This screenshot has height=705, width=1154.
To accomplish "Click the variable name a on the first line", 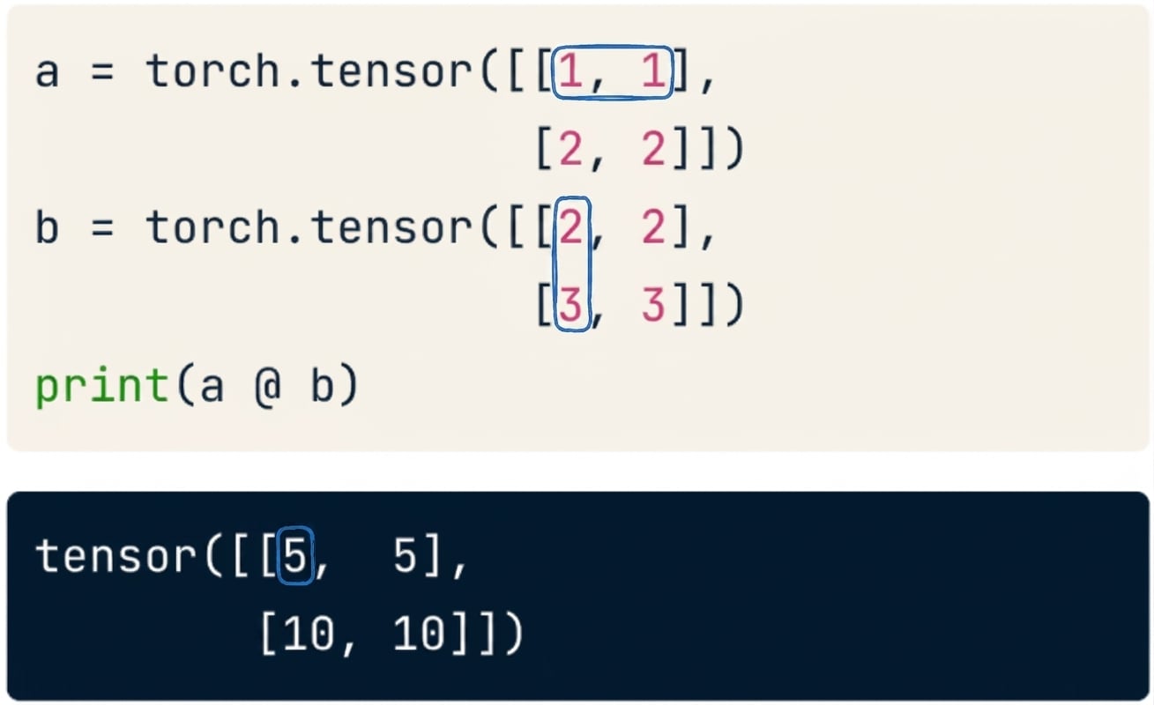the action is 47,72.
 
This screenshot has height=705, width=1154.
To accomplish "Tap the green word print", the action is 102,386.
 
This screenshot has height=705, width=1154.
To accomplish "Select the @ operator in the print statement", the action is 268,386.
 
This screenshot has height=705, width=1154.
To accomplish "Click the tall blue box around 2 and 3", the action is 554,263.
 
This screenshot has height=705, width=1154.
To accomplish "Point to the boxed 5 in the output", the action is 295,556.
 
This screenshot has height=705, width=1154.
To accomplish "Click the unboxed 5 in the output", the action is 405,556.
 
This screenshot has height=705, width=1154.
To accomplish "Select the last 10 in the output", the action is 419,634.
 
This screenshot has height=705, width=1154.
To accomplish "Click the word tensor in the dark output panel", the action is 115,556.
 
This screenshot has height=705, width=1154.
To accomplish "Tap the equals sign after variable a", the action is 102,72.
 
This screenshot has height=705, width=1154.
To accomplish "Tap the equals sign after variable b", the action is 102,228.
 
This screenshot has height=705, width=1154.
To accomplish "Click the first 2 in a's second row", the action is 570,148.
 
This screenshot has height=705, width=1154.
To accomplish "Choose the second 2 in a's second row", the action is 653,148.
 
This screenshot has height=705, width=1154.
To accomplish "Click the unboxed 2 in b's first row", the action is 653,226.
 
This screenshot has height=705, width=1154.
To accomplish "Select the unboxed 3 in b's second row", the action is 653,305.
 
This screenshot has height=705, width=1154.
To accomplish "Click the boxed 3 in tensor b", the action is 570,305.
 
